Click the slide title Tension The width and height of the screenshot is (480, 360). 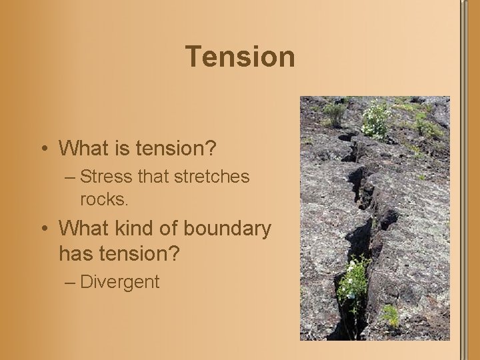(240, 57)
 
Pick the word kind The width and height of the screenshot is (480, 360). (137, 229)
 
